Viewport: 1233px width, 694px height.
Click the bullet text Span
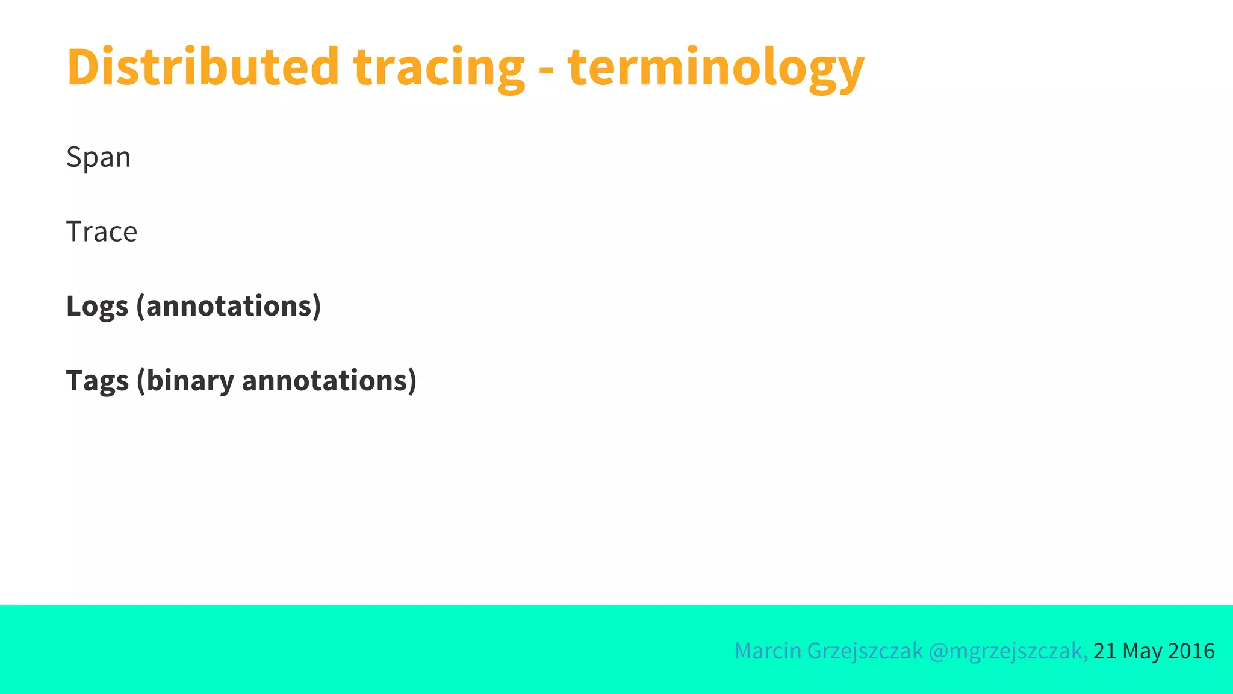(98, 158)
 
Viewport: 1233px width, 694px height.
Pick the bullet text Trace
(102, 232)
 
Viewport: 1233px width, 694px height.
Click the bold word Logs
(97, 307)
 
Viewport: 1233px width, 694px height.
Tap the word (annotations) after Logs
(229, 307)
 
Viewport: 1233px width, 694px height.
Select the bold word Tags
(97, 381)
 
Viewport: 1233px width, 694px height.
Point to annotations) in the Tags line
(329, 381)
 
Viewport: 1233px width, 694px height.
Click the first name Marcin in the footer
(768, 651)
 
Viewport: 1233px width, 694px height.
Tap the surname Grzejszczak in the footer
(865, 651)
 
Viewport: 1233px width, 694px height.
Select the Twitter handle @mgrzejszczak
(1008, 651)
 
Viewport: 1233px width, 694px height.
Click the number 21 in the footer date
(1105, 651)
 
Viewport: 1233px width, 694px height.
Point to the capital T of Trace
(75, 232)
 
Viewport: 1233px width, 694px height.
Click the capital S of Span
(73, 157)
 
